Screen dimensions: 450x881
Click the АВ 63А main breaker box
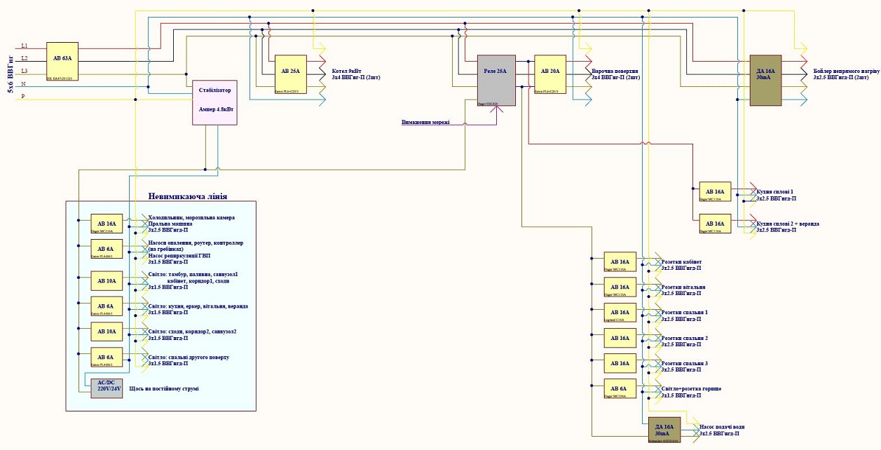62,62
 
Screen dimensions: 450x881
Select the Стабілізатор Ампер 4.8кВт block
215,102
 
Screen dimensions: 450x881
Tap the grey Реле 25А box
496,81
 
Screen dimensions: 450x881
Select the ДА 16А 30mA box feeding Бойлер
765,81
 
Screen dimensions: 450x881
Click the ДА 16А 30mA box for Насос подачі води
664,430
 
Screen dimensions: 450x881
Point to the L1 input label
25,46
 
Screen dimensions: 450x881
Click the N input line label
25,83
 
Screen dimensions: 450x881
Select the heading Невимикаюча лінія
187,196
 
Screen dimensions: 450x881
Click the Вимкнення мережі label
425,122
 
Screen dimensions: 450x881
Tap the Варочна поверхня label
615,71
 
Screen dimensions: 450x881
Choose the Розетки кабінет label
681,261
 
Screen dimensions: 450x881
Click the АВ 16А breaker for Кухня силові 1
715,191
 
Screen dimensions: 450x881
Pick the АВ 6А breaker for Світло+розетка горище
620,388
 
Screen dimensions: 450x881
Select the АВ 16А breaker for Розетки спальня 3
620,363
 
